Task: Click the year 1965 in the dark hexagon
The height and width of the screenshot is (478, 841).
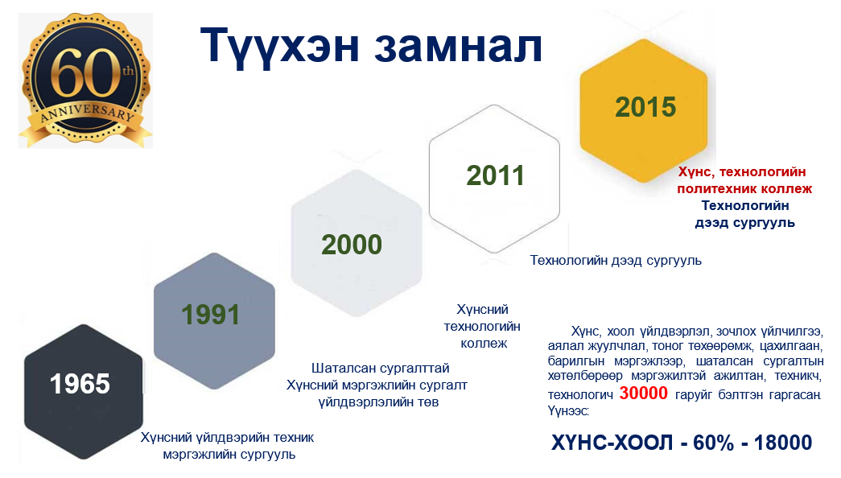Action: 80,384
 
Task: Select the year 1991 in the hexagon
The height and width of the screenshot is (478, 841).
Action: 210,315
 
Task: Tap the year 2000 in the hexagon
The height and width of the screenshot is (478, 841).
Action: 352,245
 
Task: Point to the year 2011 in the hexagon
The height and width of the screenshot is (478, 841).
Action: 495,175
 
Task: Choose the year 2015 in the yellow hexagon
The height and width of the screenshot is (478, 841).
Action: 645,107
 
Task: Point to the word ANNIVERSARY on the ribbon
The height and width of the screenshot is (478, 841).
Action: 87,112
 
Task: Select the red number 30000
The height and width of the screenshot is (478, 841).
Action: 643,394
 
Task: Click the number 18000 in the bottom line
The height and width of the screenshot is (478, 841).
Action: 783,443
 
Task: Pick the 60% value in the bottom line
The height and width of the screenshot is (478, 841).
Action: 713,443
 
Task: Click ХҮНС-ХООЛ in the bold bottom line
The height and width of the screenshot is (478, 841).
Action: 612,443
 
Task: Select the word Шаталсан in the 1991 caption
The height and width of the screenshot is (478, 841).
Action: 339,368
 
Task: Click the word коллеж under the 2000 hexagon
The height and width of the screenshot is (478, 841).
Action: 484,344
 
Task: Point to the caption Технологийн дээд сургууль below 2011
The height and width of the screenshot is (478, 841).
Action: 616,260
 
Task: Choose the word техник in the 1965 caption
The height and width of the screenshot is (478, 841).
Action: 294,437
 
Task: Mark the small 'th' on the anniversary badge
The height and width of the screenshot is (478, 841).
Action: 128,71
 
